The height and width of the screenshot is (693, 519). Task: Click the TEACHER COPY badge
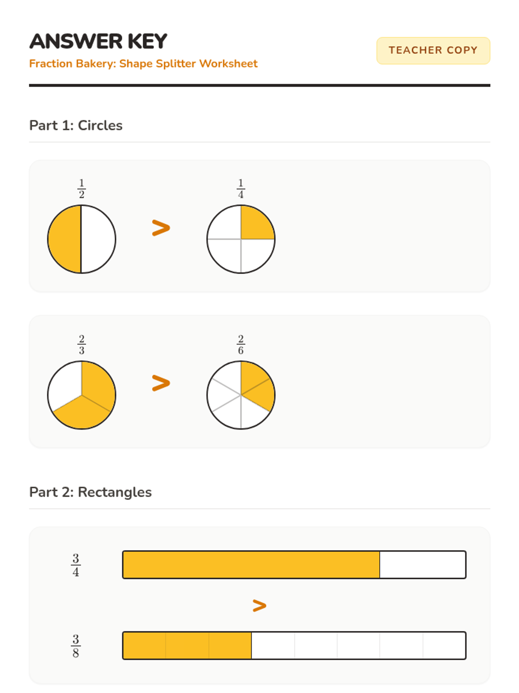pyautogui.click(x=433, y=51)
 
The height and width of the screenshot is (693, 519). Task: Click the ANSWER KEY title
pyautogui.click(x=98, y=41)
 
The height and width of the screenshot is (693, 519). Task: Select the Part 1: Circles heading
pyautogui.click(x=76, y=125)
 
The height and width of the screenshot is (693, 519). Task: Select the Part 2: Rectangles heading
pyautogui.click(x=90, y=492)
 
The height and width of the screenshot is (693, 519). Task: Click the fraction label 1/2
pyautogui.click(x=82, y=188)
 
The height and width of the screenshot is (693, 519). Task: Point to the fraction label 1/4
pyautogui.click(x=241, y=188)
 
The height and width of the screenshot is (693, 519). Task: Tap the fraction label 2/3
pyautogui.click(x=82, y=344)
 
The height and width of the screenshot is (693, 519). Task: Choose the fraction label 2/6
pyautogui.click(x=241, y=344)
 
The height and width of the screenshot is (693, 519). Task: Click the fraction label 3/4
pyautogui.click(x=76, y=565)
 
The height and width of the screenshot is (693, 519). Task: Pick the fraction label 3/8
pyautogui.click(x=76, y=646)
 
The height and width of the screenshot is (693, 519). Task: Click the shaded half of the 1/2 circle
pyautogui.click(x=64, y=239)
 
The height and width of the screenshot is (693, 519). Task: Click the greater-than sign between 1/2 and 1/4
pyautogui.click(x=161, y=228)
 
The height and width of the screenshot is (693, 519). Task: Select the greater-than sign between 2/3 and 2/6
pyautogui.click(x=161, y=383)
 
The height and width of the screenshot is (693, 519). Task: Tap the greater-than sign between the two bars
pyautogui.click(x=259, y=606)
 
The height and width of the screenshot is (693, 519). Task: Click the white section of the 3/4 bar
pyautogui.click(x=423, y=564)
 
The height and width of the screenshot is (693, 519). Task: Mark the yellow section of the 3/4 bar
pyautogui.click(x=251, y=564)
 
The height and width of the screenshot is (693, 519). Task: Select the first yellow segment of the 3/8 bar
pyautogui.click(x=144, y=645)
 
